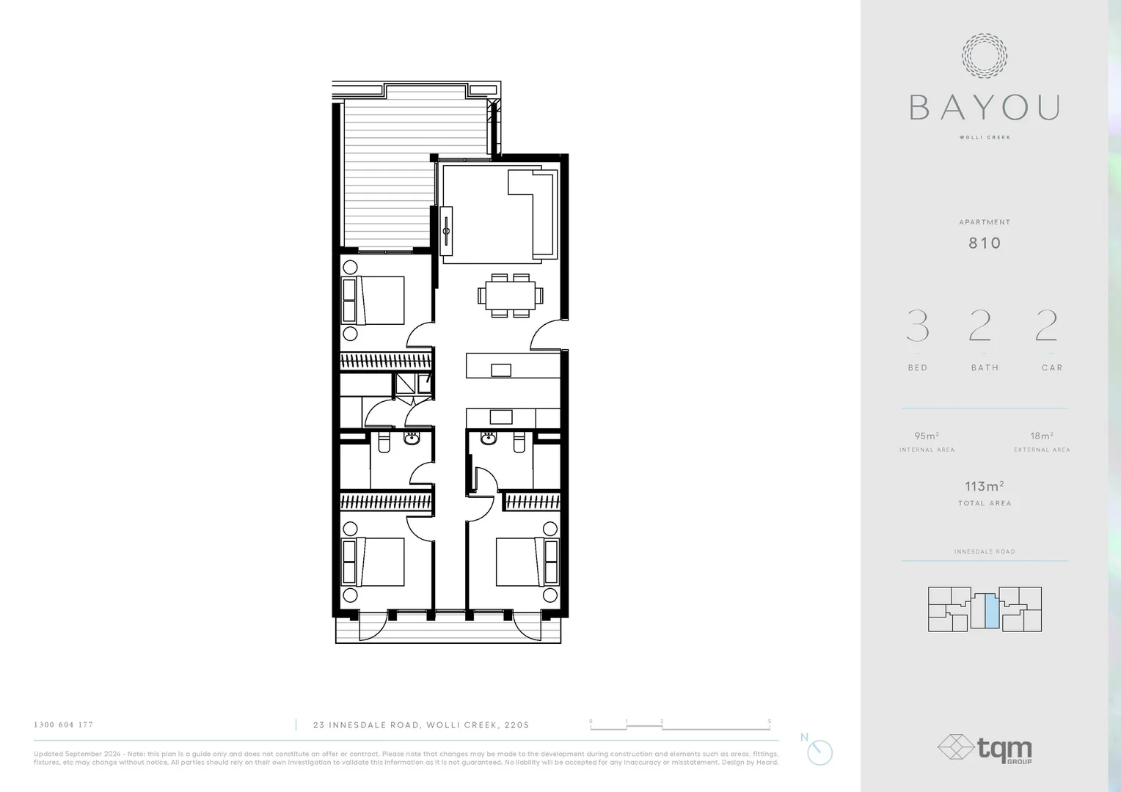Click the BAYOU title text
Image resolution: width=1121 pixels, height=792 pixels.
[x=985, y=108]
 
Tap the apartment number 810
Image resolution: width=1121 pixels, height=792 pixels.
[x=985, y=243]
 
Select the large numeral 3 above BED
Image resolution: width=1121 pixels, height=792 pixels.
[x=918, y=326]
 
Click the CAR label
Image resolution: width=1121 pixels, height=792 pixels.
[x=1051, y=367]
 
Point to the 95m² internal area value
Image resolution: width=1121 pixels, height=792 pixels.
[x=927, y=436]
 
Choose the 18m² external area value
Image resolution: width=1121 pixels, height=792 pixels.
[x=1042, y=436]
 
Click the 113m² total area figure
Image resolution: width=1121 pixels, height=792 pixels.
[x=984, y=486]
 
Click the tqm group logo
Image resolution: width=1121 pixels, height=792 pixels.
[x=985, y=749]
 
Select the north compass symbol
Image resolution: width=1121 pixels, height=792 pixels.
[x=820, y=752]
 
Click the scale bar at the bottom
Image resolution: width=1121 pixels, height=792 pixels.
[x=680, y=727]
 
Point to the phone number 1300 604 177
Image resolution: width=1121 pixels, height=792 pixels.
[x=64, y=725]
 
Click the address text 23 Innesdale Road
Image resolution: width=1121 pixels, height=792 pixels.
[x=420, y=725]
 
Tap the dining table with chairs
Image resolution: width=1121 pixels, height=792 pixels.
[x=511, y=296]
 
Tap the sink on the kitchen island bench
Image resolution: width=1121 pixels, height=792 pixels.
[x=501, y=370]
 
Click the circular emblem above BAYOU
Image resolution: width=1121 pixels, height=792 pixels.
[x=985, y=56]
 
